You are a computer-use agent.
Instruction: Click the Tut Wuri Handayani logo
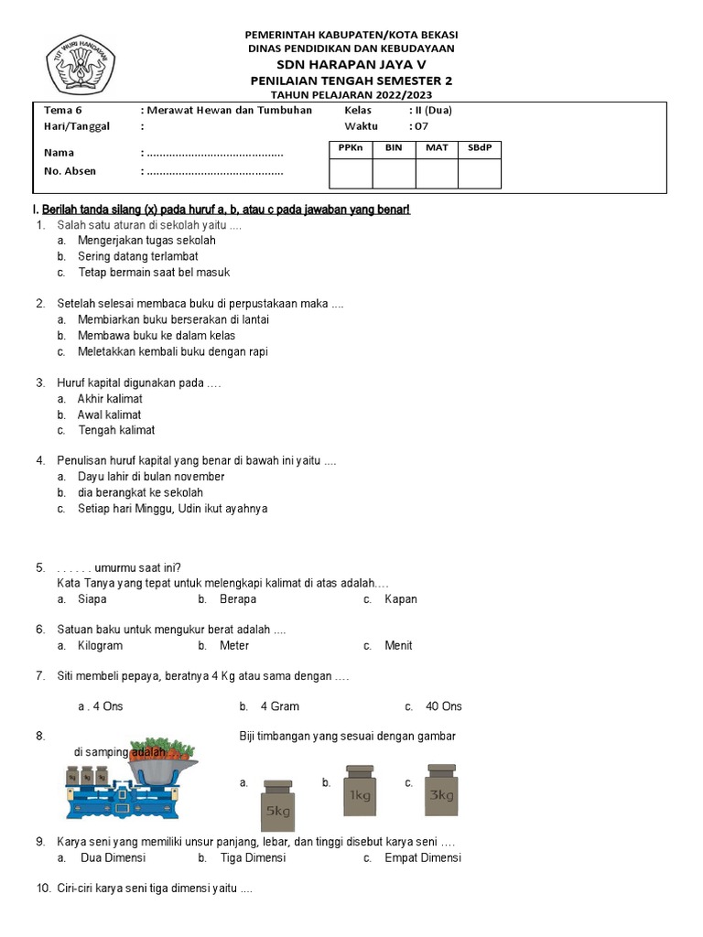point(81,64)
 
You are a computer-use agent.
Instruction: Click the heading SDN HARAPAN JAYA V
point(351,64)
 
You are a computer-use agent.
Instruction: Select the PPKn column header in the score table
point(351,147)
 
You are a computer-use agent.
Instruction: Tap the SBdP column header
point(479,147)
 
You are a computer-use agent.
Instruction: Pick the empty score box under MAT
point(437,173)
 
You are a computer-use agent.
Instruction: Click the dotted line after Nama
point(215,153)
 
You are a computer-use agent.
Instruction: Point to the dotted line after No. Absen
point(215,171)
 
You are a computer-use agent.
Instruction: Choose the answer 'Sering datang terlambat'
point(137,256)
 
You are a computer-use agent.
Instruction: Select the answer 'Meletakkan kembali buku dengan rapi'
point(172,351)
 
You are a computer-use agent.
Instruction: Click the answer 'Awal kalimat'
point(109,415)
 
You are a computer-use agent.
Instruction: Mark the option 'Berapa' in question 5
point(237,599)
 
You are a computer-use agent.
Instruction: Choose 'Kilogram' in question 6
point(100,645)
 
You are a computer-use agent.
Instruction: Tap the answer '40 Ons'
point(444,706)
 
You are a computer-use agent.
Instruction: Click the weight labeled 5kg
point(277,802)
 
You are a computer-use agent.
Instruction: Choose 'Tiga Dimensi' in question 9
point(253,857)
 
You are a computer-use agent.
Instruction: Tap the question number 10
point(44,889)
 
